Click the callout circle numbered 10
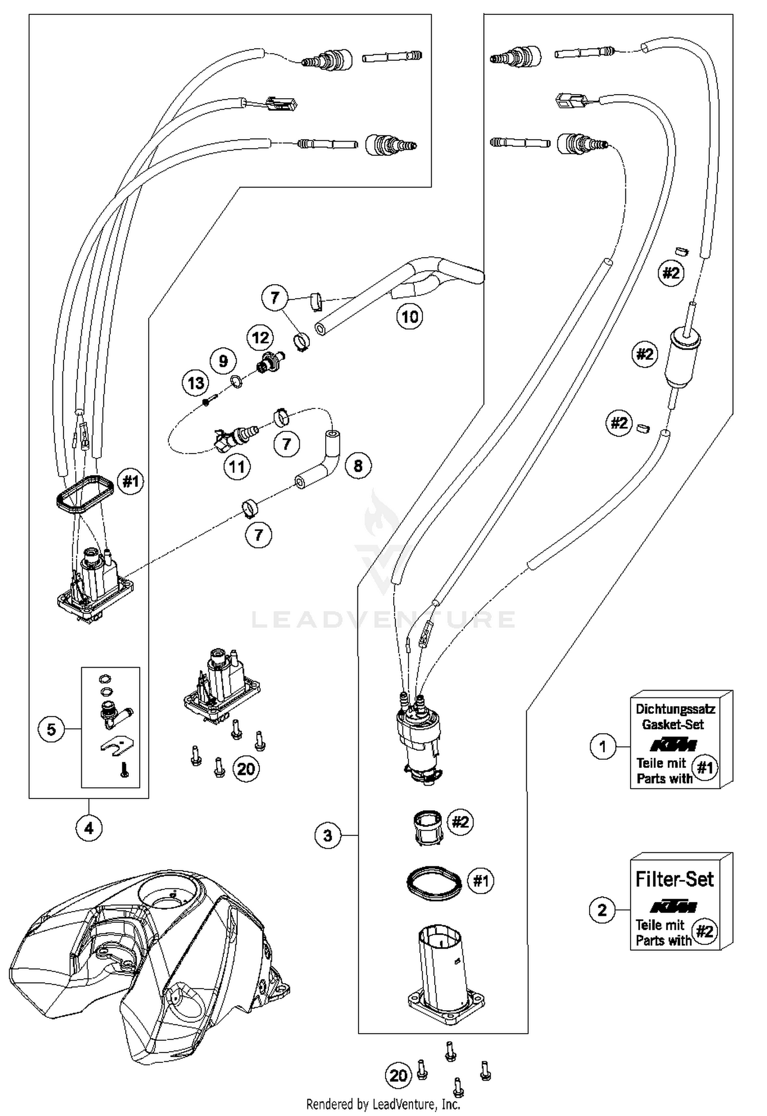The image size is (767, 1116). pyautogui.click(x=410, y=317)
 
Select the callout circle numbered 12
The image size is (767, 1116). pyautogui.click(x=260, y=338)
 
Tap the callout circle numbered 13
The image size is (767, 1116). pyautogui.click(x=196, y=383)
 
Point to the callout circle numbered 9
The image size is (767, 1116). pyautogui.click(x=223, y=361)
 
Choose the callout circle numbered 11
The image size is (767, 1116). pyautogui.click(x=237, y=467)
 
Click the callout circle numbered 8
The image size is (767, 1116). pyautogui.click(x=358, y=466)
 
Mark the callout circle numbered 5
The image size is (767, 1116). pyautogui.click(x=52, y=729)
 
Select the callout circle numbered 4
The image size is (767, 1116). pyautogui.click(x=89, y=828)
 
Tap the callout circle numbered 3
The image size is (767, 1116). pyautogui.click(x=328, y=836)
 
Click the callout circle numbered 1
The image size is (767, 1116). pyautogui.click(x=603, y=747)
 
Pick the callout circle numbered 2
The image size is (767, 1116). pyautogui.click(x=602, y=910)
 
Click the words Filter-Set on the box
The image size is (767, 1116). pyautogui.click(x=674, y=879)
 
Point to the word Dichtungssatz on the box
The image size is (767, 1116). pyautogui.click(x=675, y=709)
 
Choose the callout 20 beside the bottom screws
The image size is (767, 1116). pyautogui.click(x=398, y=1076)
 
